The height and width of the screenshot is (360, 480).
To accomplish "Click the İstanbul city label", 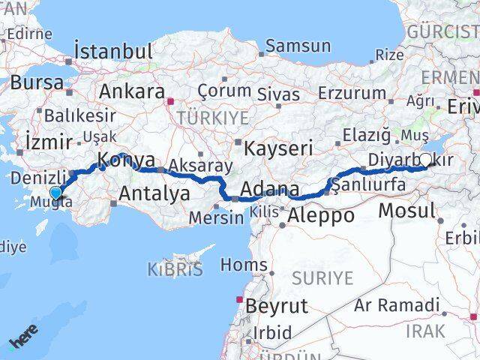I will [113, 52].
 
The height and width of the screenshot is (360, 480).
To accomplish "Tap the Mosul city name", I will [406, 210].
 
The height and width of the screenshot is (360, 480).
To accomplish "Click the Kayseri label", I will [278, 148].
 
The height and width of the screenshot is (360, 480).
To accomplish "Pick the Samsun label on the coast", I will [298, 46].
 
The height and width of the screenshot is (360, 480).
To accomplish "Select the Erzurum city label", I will [351, 93].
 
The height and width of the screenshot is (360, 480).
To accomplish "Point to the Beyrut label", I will [277, 306].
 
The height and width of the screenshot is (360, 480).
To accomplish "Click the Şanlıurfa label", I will [364, 183].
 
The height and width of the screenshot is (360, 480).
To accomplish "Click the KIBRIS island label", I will [175, 270].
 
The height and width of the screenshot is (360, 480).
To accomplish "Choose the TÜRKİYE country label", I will [201, 118].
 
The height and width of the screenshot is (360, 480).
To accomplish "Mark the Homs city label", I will [244, 265].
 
